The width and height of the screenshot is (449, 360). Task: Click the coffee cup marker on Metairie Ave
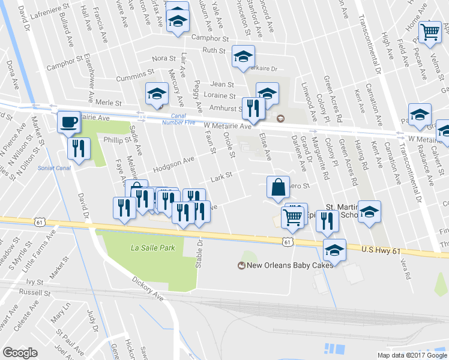click(x=68, y=122)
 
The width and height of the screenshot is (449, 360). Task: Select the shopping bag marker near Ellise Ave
click(x=279, y=188)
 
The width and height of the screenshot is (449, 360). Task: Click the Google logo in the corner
click(x=20, y=353)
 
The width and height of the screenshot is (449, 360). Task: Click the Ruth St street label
click(x=213, y=50)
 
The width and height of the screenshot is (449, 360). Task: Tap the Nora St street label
click(x=164, y=59)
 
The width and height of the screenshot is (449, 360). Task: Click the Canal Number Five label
click(x=175, y=119)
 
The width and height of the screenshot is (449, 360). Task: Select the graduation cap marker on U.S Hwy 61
click(x=334, y=250)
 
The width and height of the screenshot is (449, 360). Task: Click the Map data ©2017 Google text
click(x=412, y=355)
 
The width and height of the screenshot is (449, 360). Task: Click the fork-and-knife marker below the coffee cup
click(x=79, y=149)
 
